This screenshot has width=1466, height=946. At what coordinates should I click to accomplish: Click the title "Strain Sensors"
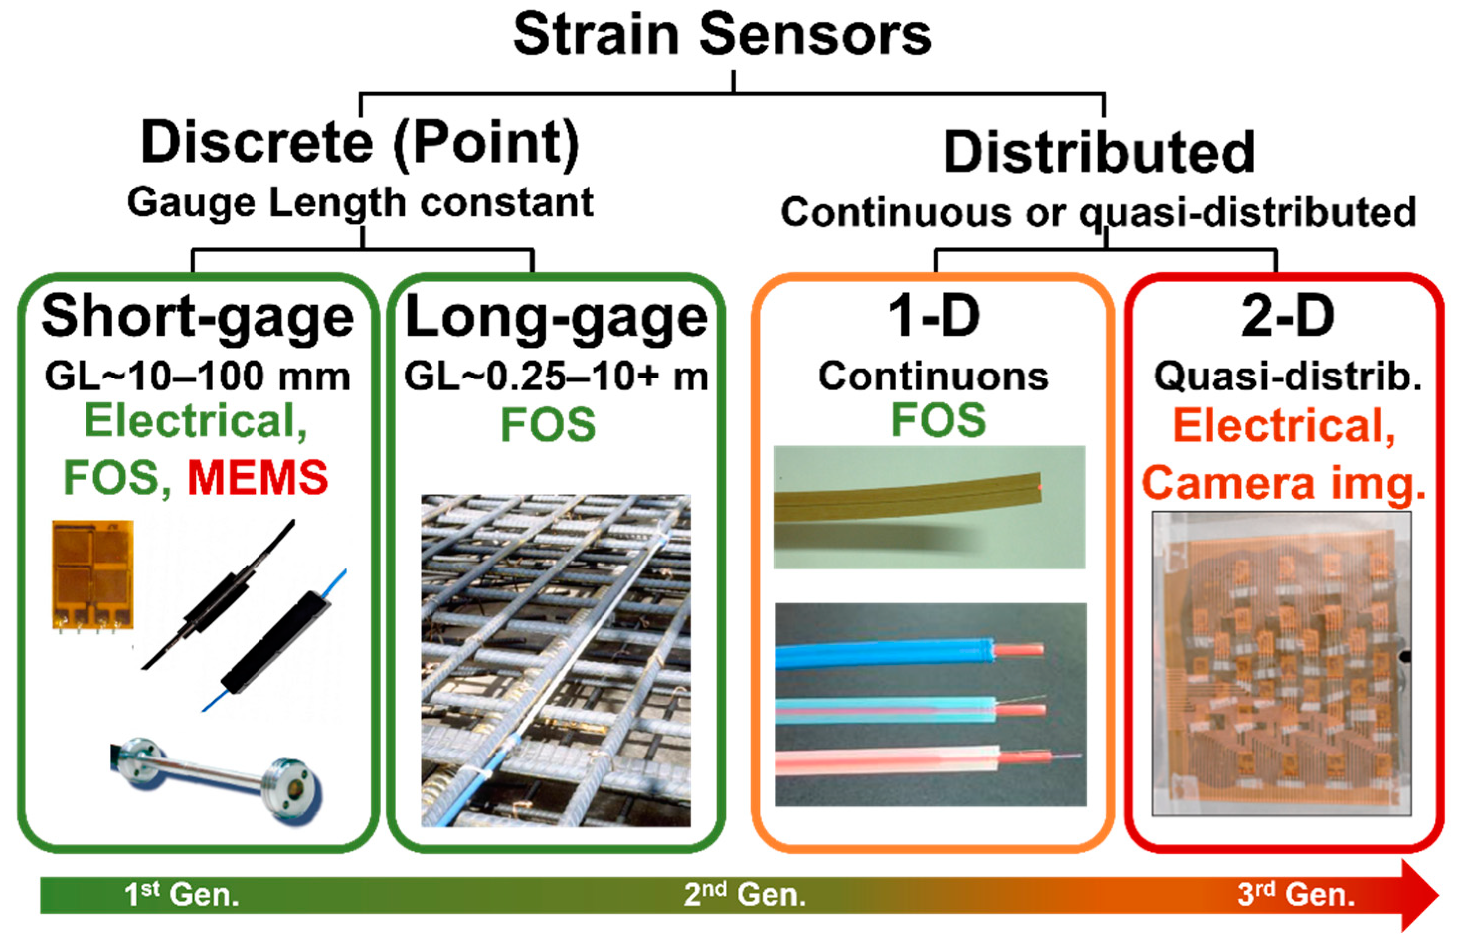click(x=722, y=36)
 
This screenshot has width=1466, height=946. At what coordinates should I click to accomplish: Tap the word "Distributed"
click(x=1099, y=152)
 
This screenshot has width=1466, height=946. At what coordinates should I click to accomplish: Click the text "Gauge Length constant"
click(x=360, y=203)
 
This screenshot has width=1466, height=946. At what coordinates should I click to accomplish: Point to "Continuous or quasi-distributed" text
click(x=1098, y=212)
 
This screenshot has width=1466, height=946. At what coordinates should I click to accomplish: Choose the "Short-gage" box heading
click(x=198, y=317)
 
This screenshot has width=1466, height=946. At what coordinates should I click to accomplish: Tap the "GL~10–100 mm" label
click(x=198, y=376)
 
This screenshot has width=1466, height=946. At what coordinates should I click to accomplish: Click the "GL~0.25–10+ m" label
click(x=556, y=376)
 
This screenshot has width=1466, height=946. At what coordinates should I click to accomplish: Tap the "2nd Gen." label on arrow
click(x=744, y=894)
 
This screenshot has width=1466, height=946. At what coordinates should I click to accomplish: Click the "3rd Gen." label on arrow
click(x=1295, y=894)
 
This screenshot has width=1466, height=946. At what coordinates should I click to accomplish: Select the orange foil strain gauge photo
click(x=92, y=574)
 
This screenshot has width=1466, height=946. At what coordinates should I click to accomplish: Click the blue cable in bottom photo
click(x=884, y=654)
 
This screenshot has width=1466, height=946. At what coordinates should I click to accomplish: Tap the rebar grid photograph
click(x=556, y=661)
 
